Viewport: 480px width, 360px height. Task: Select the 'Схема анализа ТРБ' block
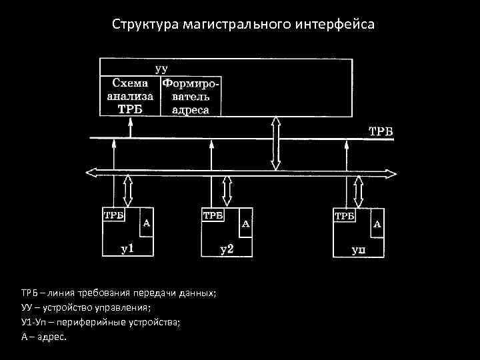130,96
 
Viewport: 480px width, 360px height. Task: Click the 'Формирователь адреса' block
191,96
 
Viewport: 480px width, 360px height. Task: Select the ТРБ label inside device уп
345,216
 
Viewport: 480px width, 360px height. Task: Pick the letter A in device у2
245,225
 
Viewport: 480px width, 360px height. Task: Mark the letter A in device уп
377,225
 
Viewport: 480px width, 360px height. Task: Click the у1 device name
127,249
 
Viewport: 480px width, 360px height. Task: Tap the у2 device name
227,250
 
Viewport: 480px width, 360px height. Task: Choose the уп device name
359,251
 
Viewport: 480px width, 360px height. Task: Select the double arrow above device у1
127,192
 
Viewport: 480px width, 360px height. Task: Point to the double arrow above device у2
227,192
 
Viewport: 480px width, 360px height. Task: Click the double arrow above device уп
359,192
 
